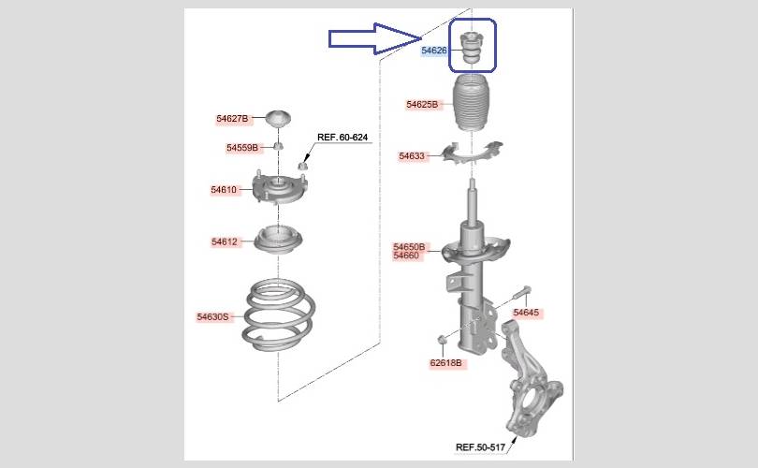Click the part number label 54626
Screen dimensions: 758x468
434,51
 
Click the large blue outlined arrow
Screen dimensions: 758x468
375,38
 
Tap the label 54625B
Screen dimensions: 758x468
422,105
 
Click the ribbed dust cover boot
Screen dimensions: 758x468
472,103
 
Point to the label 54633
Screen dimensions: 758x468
412,156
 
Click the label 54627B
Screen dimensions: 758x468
232,119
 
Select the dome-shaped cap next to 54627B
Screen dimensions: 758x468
279,119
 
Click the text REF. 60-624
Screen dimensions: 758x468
343,138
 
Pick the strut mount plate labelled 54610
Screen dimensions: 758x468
280,188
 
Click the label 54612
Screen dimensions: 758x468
225,241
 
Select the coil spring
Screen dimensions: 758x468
278,314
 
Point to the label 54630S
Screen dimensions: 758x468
212,317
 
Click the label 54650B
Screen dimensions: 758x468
409,247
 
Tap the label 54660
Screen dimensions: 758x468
406,256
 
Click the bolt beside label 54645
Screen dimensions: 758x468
520,294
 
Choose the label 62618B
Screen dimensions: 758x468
445,362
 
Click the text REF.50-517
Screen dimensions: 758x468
480,447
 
